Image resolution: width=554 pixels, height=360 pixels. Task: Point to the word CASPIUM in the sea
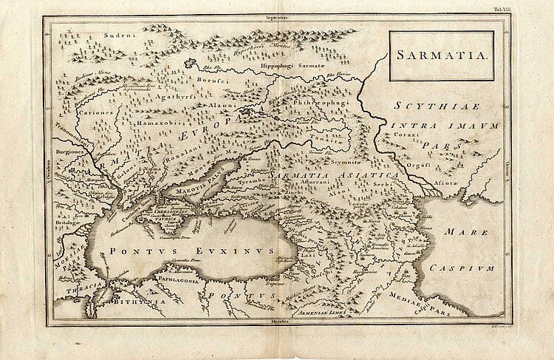[x=463, y=266]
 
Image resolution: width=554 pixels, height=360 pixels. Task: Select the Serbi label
[x=380, y=183]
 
